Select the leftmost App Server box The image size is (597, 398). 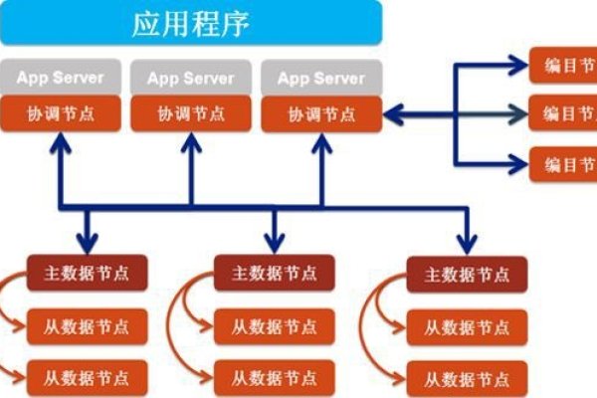(59, 77)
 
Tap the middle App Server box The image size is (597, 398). (190, 77)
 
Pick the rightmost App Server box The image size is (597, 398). (321, 77)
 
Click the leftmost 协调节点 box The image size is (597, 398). (59, 113)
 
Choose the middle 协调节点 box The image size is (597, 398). (190, 113)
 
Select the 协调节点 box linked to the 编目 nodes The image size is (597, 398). (321, 113)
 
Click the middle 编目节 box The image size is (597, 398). (563, 113)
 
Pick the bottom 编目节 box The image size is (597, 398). (563, 163)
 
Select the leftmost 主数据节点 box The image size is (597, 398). (87, 272)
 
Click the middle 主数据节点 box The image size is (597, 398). (274, 272)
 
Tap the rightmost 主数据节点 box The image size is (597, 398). (465, 272)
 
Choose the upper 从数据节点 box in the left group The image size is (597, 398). (87, 324)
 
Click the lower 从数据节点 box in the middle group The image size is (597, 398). (274, 377)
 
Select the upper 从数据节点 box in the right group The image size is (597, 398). (465, 324)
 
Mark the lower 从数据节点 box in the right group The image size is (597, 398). (465, 377)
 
